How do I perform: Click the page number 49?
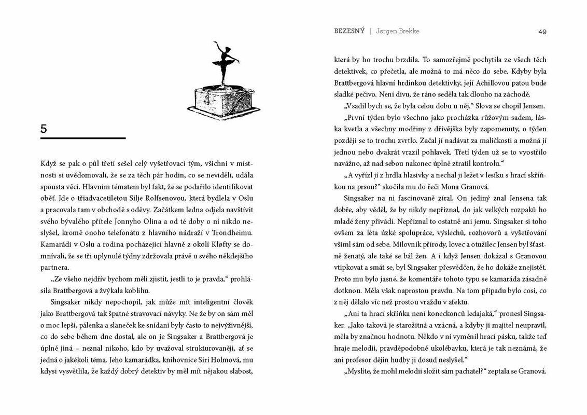[x=542, y=32]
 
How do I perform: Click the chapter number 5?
[x=44, y=129]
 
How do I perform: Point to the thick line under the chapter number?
[x=83, y=139]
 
